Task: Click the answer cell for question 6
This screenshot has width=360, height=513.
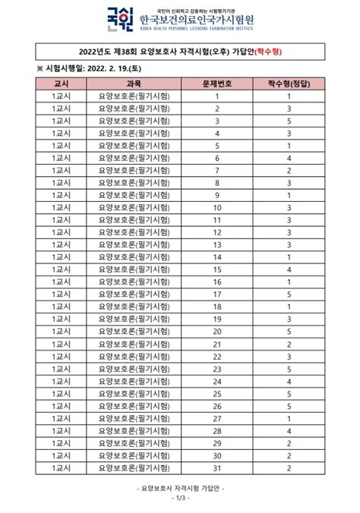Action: [x=289, y=158]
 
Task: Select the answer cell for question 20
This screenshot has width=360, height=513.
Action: [x=289, y=332]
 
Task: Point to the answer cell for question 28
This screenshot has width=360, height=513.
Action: [x=289, y=430]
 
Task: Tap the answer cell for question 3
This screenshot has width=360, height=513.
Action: [x=289, y=121]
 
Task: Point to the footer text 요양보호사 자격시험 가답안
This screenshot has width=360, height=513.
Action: [x=179, y=489]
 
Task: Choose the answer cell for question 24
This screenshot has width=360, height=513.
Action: [x=289, y=381]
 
